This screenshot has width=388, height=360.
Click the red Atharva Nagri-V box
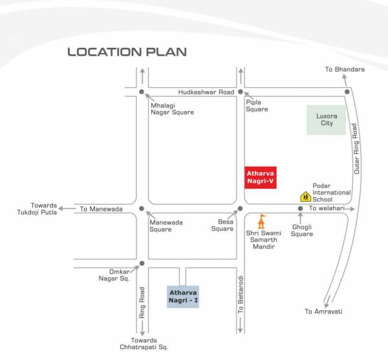coord(260,177)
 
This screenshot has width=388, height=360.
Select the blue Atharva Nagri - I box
coord(183,296)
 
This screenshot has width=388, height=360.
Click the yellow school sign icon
coord(305,196)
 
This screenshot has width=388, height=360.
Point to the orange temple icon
coord(262,220)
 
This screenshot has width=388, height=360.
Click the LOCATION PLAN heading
coord(127,52)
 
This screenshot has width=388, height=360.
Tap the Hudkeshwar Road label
coord(208,92)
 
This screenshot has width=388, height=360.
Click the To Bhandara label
coord(345,69)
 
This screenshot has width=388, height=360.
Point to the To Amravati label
coord(323,312)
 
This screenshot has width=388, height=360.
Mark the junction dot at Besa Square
coord(239,209)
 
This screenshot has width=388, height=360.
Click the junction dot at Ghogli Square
coord(301,209)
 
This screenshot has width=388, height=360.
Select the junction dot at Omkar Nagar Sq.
coord(142,264)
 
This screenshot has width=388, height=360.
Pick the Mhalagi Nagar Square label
coord(172,109)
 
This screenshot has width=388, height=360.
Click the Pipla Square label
coord(257,105)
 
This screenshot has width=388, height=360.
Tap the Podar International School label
coord(331,193)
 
